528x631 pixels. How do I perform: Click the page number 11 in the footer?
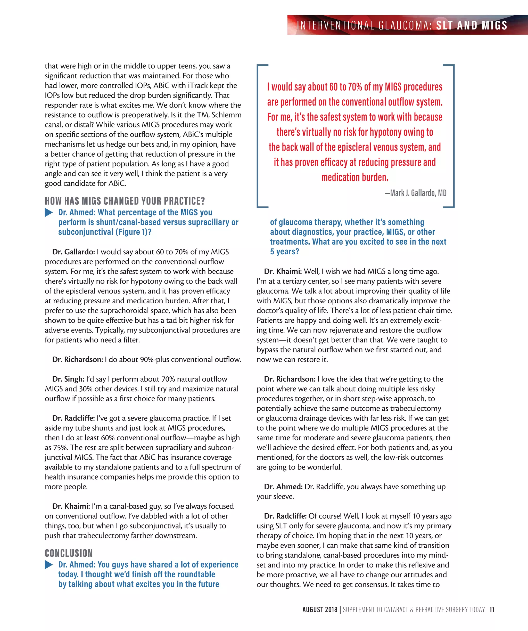492,610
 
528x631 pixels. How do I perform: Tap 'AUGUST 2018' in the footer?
320,610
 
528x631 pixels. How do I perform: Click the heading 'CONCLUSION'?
69,553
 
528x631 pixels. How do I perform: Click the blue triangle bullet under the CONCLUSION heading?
49,565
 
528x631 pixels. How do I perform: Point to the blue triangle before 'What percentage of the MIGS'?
49,212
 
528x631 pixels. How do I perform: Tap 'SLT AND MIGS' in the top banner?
472,26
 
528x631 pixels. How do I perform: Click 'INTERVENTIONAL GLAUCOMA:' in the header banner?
364,26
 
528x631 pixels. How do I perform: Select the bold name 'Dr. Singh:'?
68,379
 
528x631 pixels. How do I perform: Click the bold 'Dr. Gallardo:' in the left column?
73,252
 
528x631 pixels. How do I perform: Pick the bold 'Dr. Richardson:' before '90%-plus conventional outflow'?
78,360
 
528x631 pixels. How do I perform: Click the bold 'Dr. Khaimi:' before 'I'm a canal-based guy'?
71,506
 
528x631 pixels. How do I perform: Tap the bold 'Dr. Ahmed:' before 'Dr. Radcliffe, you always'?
283,487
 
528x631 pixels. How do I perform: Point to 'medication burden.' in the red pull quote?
355,177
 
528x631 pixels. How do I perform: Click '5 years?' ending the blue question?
284,252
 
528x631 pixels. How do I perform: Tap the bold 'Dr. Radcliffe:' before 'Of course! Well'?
285,516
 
